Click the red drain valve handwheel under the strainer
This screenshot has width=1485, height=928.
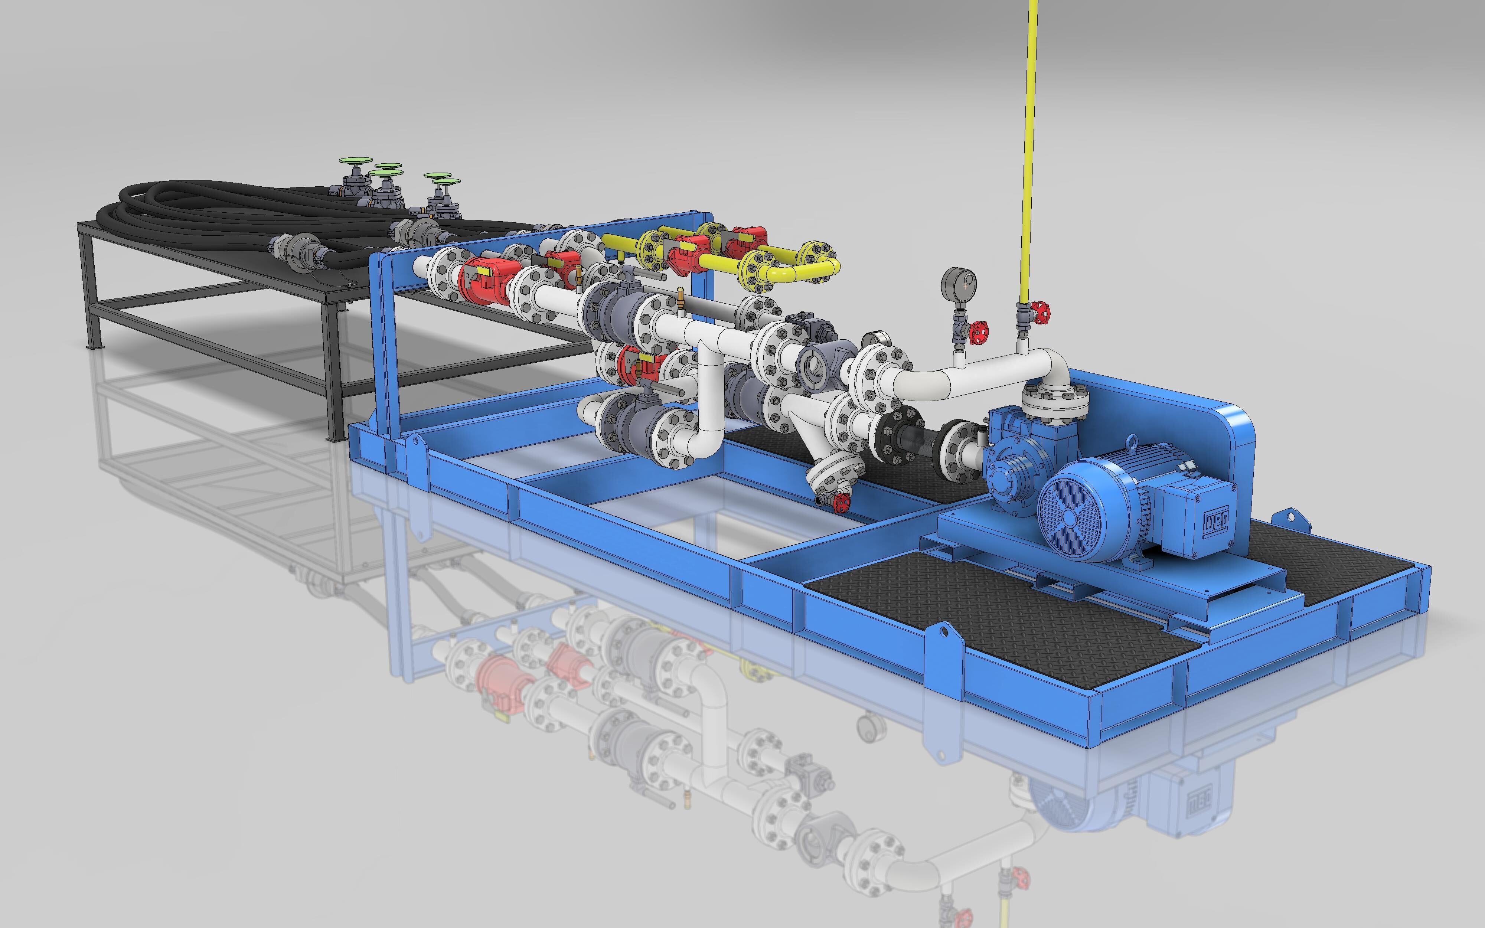click(x=842, y=502)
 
